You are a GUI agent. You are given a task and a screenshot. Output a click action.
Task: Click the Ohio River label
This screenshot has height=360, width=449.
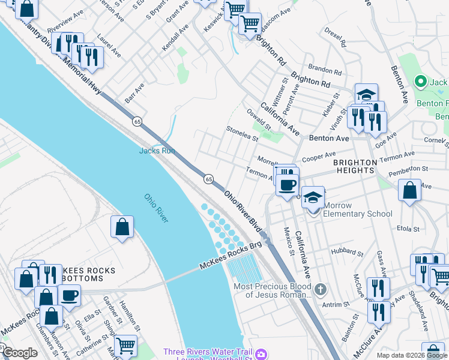click(156, 208)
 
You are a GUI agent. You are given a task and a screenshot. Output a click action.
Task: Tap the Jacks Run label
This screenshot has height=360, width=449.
click(157, 151)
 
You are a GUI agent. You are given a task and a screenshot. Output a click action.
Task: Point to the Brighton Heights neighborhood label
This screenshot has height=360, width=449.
click(355, 166)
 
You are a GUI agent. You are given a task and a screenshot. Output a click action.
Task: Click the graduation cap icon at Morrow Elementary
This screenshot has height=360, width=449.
click(313, 197)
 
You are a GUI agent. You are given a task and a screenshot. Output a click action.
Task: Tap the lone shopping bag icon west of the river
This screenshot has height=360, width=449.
click(122, 227)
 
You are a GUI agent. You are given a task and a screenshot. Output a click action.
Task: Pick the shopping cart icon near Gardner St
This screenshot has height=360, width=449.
click(125, 346)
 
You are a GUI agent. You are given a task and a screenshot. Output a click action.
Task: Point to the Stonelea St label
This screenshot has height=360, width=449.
click(242, 133)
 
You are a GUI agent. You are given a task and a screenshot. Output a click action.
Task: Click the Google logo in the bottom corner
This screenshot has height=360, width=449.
click(20, 353)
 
